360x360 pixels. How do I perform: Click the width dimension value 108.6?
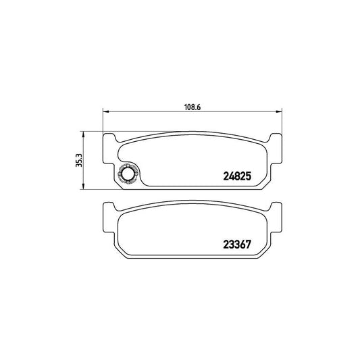192,107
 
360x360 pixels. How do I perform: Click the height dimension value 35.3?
79,160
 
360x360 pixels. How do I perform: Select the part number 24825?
237,176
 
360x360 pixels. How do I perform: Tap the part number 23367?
237,245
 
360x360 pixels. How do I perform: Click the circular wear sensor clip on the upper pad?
127,174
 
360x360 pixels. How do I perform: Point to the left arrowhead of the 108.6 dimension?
105,111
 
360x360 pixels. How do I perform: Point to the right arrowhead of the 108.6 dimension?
279,111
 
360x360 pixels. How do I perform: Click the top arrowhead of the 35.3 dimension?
83,134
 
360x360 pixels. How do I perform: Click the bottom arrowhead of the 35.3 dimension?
83,186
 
